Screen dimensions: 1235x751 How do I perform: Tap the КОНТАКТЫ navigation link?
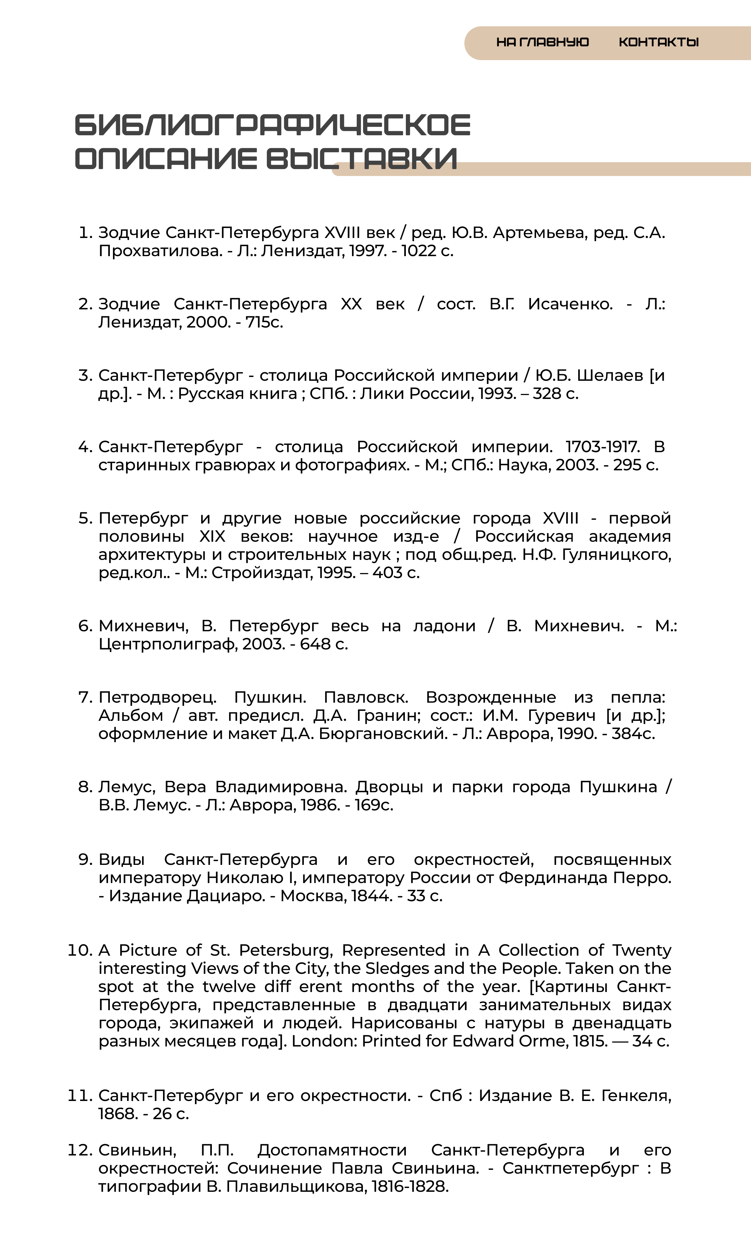pyautogui.click(x=658, y=42)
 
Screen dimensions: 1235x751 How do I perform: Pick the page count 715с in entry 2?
pyautogui.click(x=264, y=322)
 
